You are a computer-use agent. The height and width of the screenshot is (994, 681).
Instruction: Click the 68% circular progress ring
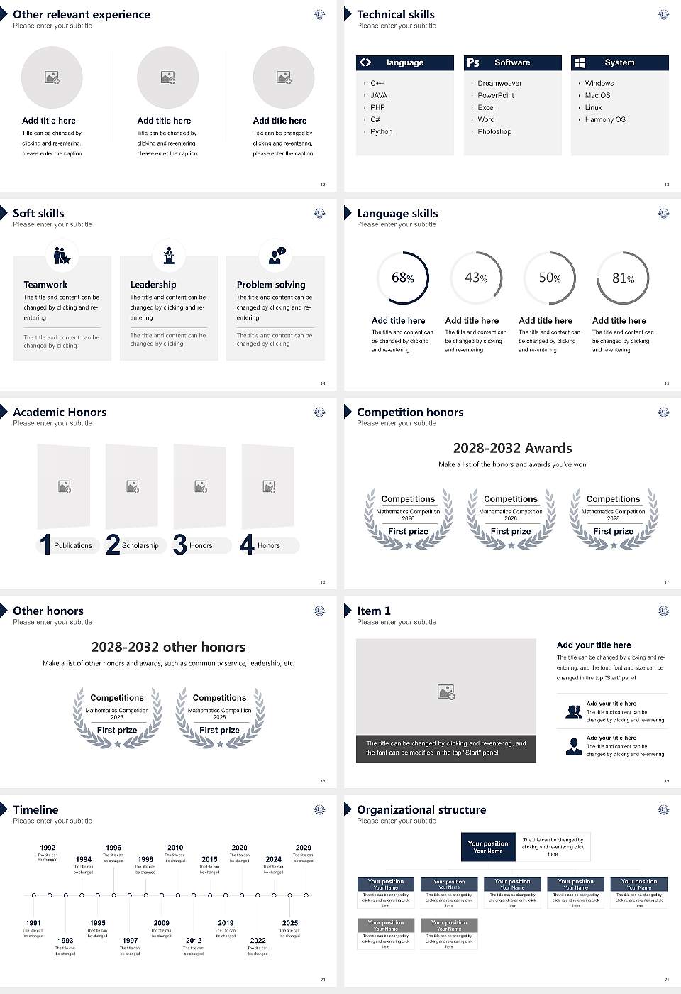tap(402, 278)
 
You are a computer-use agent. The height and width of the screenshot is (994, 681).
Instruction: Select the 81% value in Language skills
tap(623, 278)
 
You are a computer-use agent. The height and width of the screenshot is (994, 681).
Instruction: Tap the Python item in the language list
tap(381, 132)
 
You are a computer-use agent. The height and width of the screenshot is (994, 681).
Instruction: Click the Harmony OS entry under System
tap(605, 120)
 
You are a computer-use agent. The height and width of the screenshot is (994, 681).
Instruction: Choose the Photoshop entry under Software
tap(494, 132)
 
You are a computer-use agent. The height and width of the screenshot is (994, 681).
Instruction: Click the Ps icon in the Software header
tap(473, 62)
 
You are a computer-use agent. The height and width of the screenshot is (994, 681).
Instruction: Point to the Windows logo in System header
tap(580, 62)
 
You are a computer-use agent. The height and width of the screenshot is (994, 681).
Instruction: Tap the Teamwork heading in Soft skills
tap(45, 285)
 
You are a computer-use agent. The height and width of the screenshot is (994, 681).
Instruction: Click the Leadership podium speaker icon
tap(169, 256)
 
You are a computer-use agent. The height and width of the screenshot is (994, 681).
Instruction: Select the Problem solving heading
tap(271, 285)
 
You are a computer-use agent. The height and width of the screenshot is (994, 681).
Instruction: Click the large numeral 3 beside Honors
tap(180, 545)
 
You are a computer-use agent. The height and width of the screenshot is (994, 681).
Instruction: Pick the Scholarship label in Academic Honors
tap(140, 546)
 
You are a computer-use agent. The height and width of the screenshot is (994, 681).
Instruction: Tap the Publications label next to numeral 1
tap(73, 546)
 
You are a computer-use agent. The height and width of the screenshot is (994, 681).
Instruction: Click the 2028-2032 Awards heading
tap(512, 448)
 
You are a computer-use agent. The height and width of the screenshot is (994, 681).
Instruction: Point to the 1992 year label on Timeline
tap(48, 848)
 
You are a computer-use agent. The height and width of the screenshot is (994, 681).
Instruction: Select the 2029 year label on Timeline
tap(303, 848)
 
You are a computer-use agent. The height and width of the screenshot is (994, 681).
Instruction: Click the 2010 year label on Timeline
tap(175, 848)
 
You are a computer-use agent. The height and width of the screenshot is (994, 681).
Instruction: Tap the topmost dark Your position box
tap(488, 847)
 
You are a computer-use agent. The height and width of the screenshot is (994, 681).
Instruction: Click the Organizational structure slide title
tap(421, 810)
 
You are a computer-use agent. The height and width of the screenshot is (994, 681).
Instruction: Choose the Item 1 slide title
tap(373, 611)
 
